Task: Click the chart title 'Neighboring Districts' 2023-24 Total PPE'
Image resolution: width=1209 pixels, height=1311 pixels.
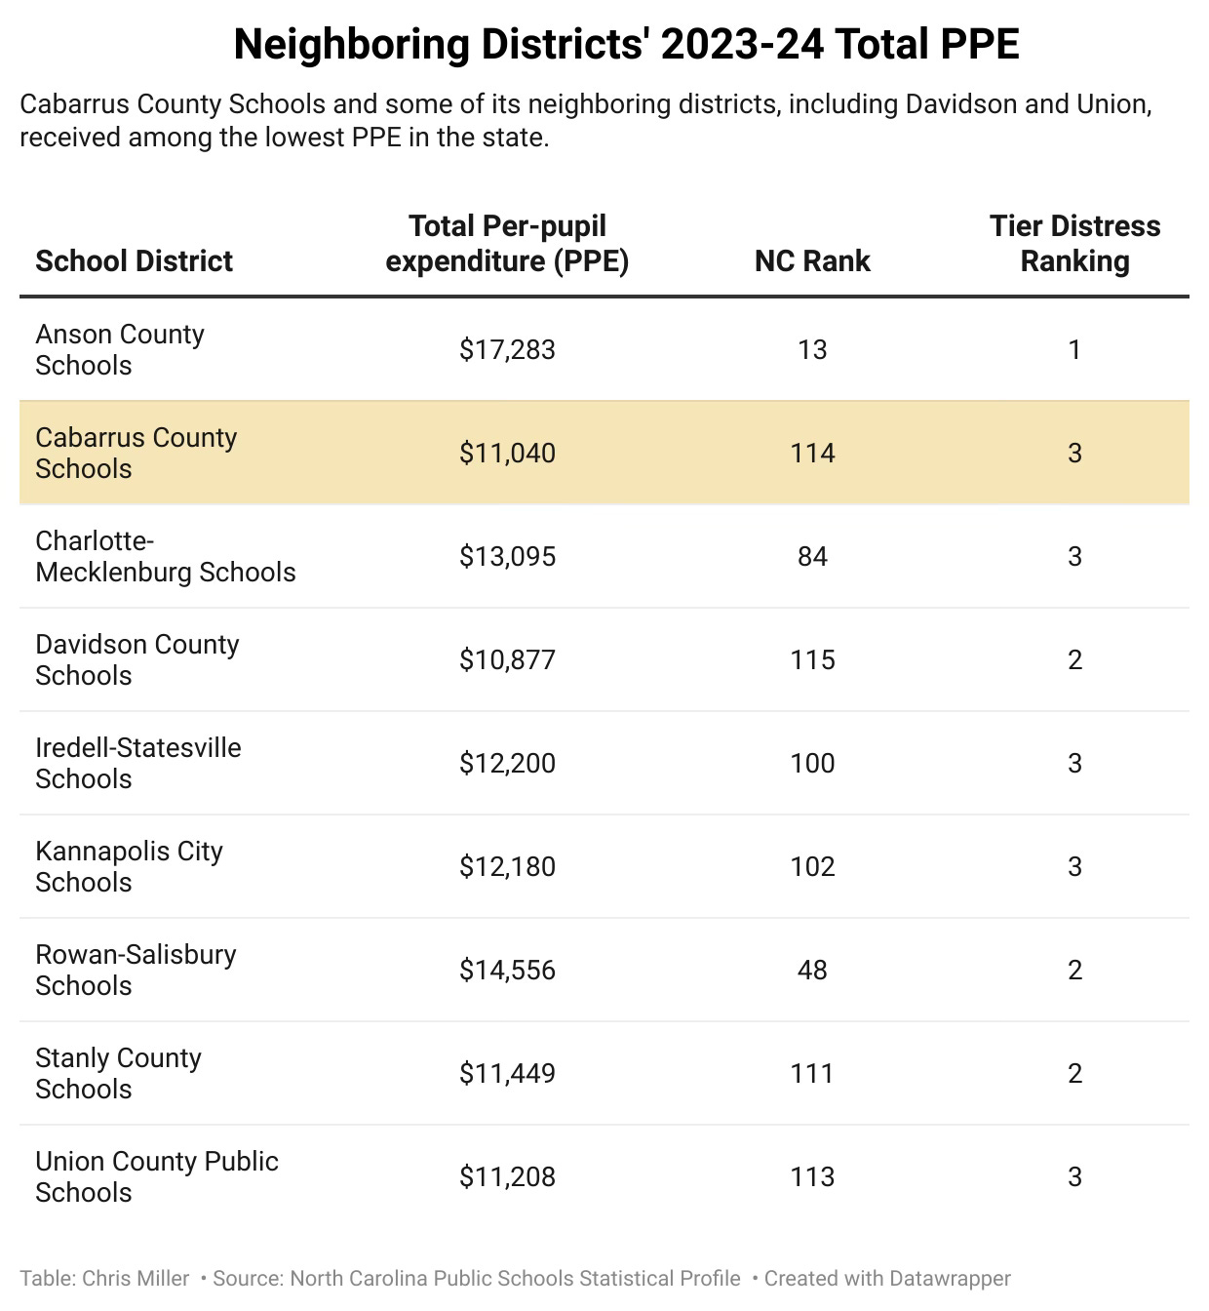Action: [x=626, y=45]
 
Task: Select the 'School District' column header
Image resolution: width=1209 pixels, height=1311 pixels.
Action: [x=135, y=260]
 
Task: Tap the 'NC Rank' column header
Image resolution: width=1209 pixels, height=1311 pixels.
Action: [x=812, y=260]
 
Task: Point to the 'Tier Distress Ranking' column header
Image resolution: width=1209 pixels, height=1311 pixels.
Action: [x=1074, y=243]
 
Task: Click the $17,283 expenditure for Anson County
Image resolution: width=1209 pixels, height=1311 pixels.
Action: [x=507, y=349]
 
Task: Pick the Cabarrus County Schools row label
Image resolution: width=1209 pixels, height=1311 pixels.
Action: [x=136, y=453]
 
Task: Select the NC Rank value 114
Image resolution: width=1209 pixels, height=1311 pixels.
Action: [x=812, y=453]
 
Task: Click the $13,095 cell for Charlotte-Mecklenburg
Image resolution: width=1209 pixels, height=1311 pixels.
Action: [x=507, y=556]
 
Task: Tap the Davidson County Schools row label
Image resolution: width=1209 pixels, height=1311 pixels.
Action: [x=136, y=659]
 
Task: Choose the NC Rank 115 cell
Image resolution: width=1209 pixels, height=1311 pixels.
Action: [x=812, y=659]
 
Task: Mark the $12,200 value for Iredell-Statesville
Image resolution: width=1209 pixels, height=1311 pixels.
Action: [x=507, y=763]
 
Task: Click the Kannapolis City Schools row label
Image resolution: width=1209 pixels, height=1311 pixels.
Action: [x=129, y=866]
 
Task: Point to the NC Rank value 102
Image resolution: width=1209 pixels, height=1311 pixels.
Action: [x=812, y=866]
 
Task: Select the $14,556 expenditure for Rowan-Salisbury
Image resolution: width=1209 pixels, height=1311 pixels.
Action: [x=507, y=970]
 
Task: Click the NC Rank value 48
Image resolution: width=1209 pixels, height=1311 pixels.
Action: [x=812, y=970]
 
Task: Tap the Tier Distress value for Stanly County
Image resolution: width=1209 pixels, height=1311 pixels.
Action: [x=1074, y=1073]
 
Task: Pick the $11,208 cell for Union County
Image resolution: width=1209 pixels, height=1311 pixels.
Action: [x=507, y=1176]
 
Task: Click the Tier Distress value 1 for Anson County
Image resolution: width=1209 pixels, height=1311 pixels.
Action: [x=1074, y=349]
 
